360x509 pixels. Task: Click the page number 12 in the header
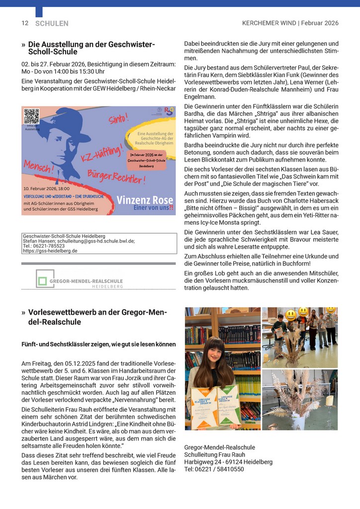tap(25, 23)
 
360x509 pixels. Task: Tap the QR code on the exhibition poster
tap(31, 116)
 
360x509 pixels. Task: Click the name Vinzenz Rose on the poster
tap(144, 200)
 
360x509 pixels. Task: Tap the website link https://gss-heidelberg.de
tap(50, 251)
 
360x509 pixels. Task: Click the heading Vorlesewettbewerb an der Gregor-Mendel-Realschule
tap(97, 317)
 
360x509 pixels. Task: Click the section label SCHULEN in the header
tap(52, 23)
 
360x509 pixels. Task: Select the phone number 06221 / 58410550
tap(214, 469)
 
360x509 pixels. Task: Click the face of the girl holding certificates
tap(214, 353)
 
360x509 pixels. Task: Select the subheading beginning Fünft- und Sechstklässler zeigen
tap(98, 344)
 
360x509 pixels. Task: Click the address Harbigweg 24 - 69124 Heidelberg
tap(228, 462)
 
